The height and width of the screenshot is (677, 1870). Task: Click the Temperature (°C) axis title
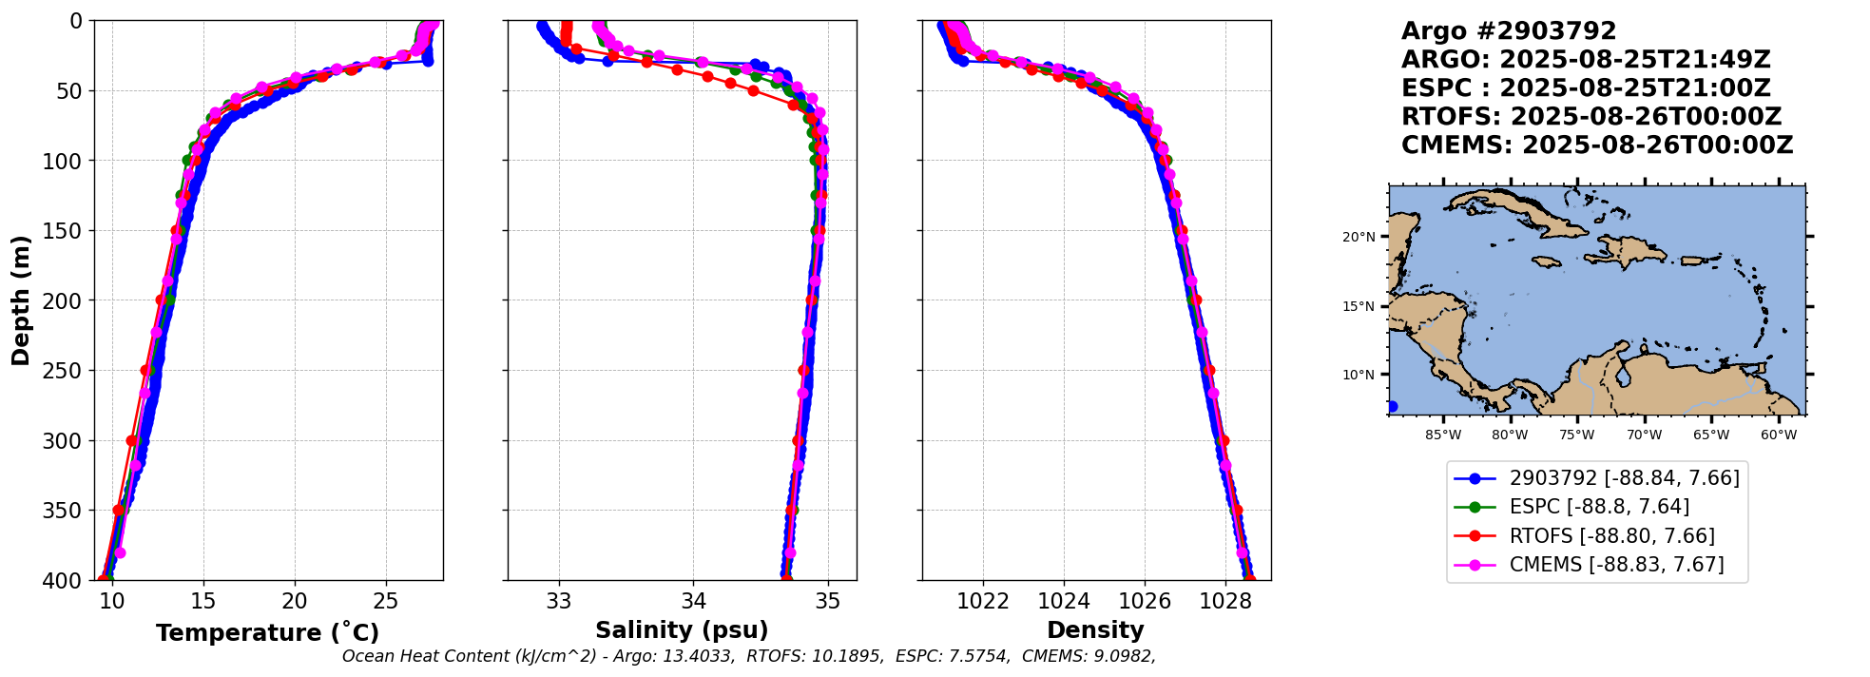[x=267, y=633]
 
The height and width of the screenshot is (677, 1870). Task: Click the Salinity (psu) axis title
[x=682, y=630]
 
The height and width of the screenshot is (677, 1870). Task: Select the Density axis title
[x=1095, y=630]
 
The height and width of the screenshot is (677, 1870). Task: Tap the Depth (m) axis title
[x=21, y=300]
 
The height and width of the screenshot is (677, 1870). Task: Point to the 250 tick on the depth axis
[x=68, y=371]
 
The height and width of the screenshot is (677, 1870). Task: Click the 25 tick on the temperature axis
[x=385, y=601]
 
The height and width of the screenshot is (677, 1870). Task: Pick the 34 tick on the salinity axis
[x=693, y=601]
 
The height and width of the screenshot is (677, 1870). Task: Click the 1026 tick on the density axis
[x=1145, y=601]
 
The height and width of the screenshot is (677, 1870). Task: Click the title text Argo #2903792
[x=1508, y=31]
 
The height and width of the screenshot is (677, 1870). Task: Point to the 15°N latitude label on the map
[x=1359, y=306]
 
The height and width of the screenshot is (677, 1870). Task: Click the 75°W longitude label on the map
[x=1576, y=435]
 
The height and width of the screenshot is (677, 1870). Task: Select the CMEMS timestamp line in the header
[x=1597, y=145]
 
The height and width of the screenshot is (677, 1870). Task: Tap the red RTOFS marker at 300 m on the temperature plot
[x=132, y=440]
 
